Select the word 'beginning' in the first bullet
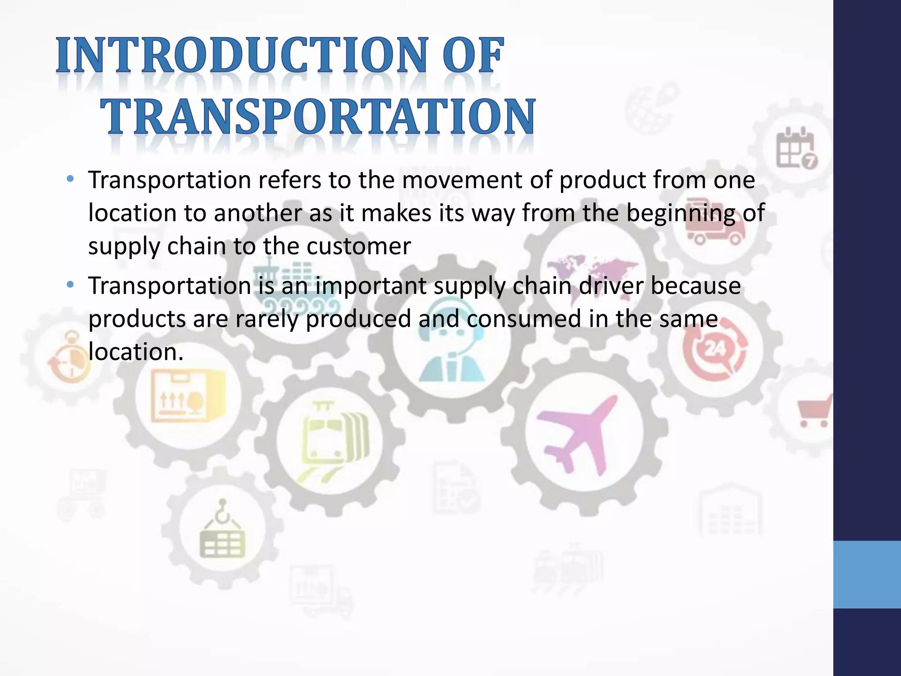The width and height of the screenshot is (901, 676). [680, 213]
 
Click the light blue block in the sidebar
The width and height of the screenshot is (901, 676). [867, 574]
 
